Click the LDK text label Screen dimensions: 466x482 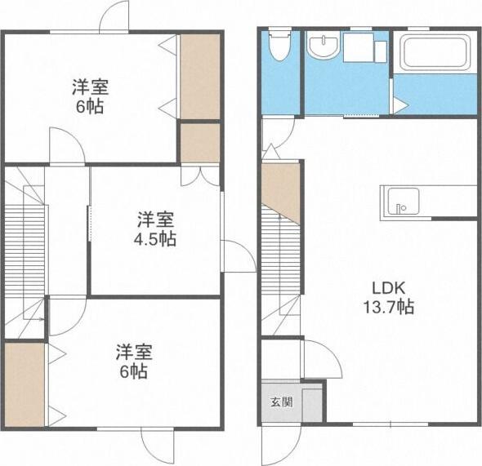pyautogui.click(x=388, y=288)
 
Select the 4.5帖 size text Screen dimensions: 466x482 pyautogui.click(x=155, y=239)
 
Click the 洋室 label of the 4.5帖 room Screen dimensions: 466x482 pyautogui.click(x=155, y=220)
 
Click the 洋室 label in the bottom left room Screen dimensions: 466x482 pyautogui.click(x=133, y=353)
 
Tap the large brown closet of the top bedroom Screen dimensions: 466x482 pyautogui.click(x=199, y=76)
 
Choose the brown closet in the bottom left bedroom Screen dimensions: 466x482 pyautogui.click(x=24, y=384)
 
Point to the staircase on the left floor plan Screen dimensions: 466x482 pyautogui.click(x=25, y=245)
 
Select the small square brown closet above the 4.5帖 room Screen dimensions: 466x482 pyautogui.click(x=199, y=143)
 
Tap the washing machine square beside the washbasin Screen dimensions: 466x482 pyautogui.click(x=357, y=47)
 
